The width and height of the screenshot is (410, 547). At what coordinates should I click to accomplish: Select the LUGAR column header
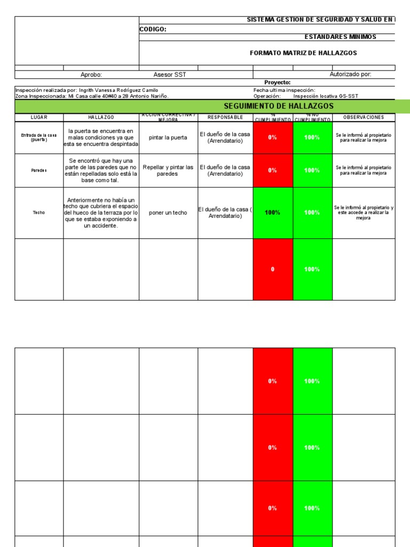[38, 117]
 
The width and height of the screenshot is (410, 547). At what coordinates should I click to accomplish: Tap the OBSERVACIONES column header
[364, 117]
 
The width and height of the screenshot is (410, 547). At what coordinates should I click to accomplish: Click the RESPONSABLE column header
[225, 117]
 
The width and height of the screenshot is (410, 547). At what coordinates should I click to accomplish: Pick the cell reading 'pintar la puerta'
[168, 138]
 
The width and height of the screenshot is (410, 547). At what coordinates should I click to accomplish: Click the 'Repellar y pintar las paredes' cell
[168, 170]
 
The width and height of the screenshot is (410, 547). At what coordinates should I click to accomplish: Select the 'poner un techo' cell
[168, 213]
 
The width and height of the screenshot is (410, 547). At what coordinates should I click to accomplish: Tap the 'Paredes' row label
[38, 170]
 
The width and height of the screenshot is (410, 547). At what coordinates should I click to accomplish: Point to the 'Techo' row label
[38, 213]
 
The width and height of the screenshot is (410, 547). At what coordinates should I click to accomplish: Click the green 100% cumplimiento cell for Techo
[272, 213]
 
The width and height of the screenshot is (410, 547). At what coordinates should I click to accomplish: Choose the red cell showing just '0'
[272, 269]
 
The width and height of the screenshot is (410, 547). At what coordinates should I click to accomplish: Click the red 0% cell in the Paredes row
[272, 170]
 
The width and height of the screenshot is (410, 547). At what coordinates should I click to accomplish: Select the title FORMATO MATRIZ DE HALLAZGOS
[303, 53]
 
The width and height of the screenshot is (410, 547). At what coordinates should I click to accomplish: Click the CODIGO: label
[153, 29]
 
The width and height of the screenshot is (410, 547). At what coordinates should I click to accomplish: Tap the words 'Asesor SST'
[170, 75]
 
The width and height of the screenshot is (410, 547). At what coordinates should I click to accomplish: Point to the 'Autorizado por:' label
[350, 75]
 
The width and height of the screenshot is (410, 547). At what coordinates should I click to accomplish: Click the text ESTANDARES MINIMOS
[340, 37]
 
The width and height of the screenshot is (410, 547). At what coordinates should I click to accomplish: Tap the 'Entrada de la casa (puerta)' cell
[38, 138]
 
